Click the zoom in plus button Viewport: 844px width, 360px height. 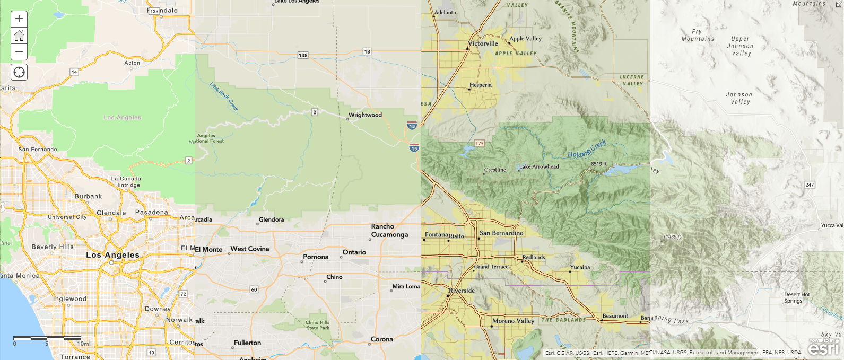[x=19, y=19]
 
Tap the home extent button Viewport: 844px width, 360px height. [x=19, y=36]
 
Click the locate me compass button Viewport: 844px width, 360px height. [x=19, y=72]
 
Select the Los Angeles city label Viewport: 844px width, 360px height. [x=112, y=255]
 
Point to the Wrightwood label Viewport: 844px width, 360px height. [x=365, y=115]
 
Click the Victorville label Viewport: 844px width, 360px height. [x=483, y=43]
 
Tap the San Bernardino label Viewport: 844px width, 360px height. [x=501, y=233]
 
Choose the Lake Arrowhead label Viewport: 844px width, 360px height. [x=539, y=166]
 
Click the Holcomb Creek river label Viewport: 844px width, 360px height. [x=587, y=149]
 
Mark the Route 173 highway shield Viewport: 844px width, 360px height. [x=480, y=144]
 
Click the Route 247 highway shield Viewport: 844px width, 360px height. [x=810, y=185]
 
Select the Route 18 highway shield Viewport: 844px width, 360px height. [x=367, y=51]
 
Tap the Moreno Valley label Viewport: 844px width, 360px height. [x=513, y=321]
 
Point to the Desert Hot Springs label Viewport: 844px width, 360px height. [x=797, y=297]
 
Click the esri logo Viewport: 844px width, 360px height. [x=823, y=348]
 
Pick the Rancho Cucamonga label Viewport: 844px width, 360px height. [x=389, y=230]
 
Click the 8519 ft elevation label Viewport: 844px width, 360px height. [x=599, y=164]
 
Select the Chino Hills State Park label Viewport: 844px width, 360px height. [x=317, y=325]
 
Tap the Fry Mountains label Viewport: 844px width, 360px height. [x=698, y=35]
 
